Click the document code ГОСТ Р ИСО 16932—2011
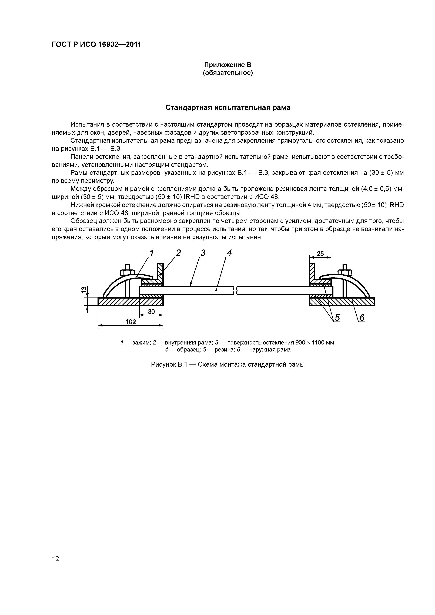tap(96, 45)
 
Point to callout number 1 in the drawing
tap(152, 253)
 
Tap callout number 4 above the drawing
tap(229, 253)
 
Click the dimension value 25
tap(320, 253)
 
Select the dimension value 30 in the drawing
tap(151, 312)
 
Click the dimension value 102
tap(131, 322)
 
